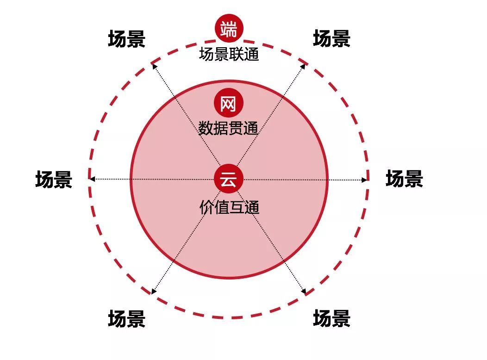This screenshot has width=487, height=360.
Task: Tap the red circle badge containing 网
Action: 228,104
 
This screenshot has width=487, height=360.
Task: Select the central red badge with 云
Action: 228,179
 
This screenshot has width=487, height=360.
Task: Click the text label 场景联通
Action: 229,55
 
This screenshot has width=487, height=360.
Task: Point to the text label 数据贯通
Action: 228,128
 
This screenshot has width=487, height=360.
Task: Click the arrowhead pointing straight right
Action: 365,179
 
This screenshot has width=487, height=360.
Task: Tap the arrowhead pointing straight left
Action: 92,179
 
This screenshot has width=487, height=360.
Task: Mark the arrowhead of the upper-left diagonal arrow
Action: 154,66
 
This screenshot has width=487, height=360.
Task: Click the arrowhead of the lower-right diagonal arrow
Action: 304,292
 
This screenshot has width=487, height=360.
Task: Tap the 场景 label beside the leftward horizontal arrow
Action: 54,180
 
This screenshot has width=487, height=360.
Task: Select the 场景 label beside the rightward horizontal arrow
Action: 404,179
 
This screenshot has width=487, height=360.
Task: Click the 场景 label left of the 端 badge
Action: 126,39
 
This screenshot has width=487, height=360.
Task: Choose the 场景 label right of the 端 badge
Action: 331,39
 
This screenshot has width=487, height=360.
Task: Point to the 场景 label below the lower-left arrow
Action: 126,319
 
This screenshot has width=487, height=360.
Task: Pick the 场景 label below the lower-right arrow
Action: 331,319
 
